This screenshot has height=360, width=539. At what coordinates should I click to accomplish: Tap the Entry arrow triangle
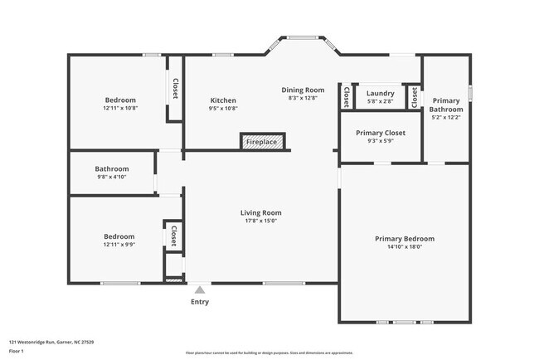pyautogui.click(x=200, y=289)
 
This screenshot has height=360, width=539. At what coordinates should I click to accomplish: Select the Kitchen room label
pyautogui.click(x=222, y=100)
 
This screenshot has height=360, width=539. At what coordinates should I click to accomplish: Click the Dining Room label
pyautogui.click(x=303, y=90)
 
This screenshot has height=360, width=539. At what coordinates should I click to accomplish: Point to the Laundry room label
pyautogui.click(x=380, y=93)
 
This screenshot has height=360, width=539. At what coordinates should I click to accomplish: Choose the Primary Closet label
pyautogui.click(x=380, y=133)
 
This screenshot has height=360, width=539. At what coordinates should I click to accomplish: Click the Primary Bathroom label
pyautogui.click(x=446, y=105)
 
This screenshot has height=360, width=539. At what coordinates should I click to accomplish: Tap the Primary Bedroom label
pyautogui.click(x=404, y=239)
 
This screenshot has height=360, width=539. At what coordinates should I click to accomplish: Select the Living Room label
pyautogui.click(x=261, y=212)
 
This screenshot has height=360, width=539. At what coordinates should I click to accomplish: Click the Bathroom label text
pyautogui.click(x=111, y=168)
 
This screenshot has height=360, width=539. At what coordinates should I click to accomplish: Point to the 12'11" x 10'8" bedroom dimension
pyautogui.click(x=120, y=108)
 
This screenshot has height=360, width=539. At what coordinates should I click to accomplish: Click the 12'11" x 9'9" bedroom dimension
pyautogui.click(x=120, y=244)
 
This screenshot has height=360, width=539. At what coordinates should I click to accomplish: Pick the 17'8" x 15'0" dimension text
pyautogui.click(x=261, y=221)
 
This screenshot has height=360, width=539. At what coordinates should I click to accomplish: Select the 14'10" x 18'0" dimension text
pyautogui.click(x=404, y=247)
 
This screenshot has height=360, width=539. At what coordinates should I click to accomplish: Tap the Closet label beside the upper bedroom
pyautogui.click(x=175, y=88)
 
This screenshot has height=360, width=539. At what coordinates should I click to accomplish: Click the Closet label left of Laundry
pyautogui.click(x=346, y=97)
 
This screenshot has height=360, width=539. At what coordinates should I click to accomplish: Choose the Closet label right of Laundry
pyautogui.click(x=414, y=97)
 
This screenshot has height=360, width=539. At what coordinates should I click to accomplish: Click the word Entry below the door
pyautogui.click(x=200, y=302)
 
